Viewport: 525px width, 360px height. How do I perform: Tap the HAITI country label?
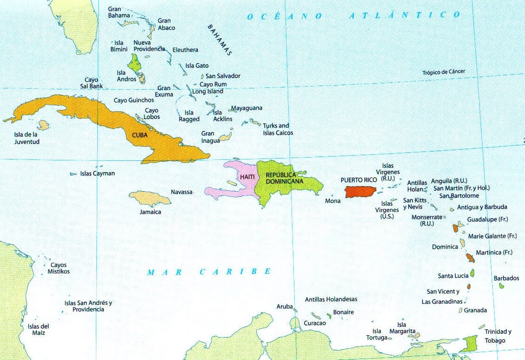click(248, 177)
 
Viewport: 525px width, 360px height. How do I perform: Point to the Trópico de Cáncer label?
click(444, 72)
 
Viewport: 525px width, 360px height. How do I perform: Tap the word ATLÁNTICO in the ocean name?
click(405, 15)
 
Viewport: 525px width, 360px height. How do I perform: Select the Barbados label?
click(506, 278)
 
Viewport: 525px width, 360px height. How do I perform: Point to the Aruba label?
click(284, 307)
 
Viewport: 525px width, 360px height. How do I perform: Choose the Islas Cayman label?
click(97, 173)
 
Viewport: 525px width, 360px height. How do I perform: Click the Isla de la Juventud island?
click(44, 125)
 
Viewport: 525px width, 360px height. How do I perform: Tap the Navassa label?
click(182, 192)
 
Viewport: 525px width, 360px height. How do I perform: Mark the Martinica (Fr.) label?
click(494, 252)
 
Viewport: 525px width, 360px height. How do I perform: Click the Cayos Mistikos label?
click(58, 268)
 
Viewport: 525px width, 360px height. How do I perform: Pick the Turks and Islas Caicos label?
click(278, 129)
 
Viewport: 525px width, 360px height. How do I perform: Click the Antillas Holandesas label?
click(331, 299)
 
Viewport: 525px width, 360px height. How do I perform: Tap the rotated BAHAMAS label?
click(220, 40)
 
